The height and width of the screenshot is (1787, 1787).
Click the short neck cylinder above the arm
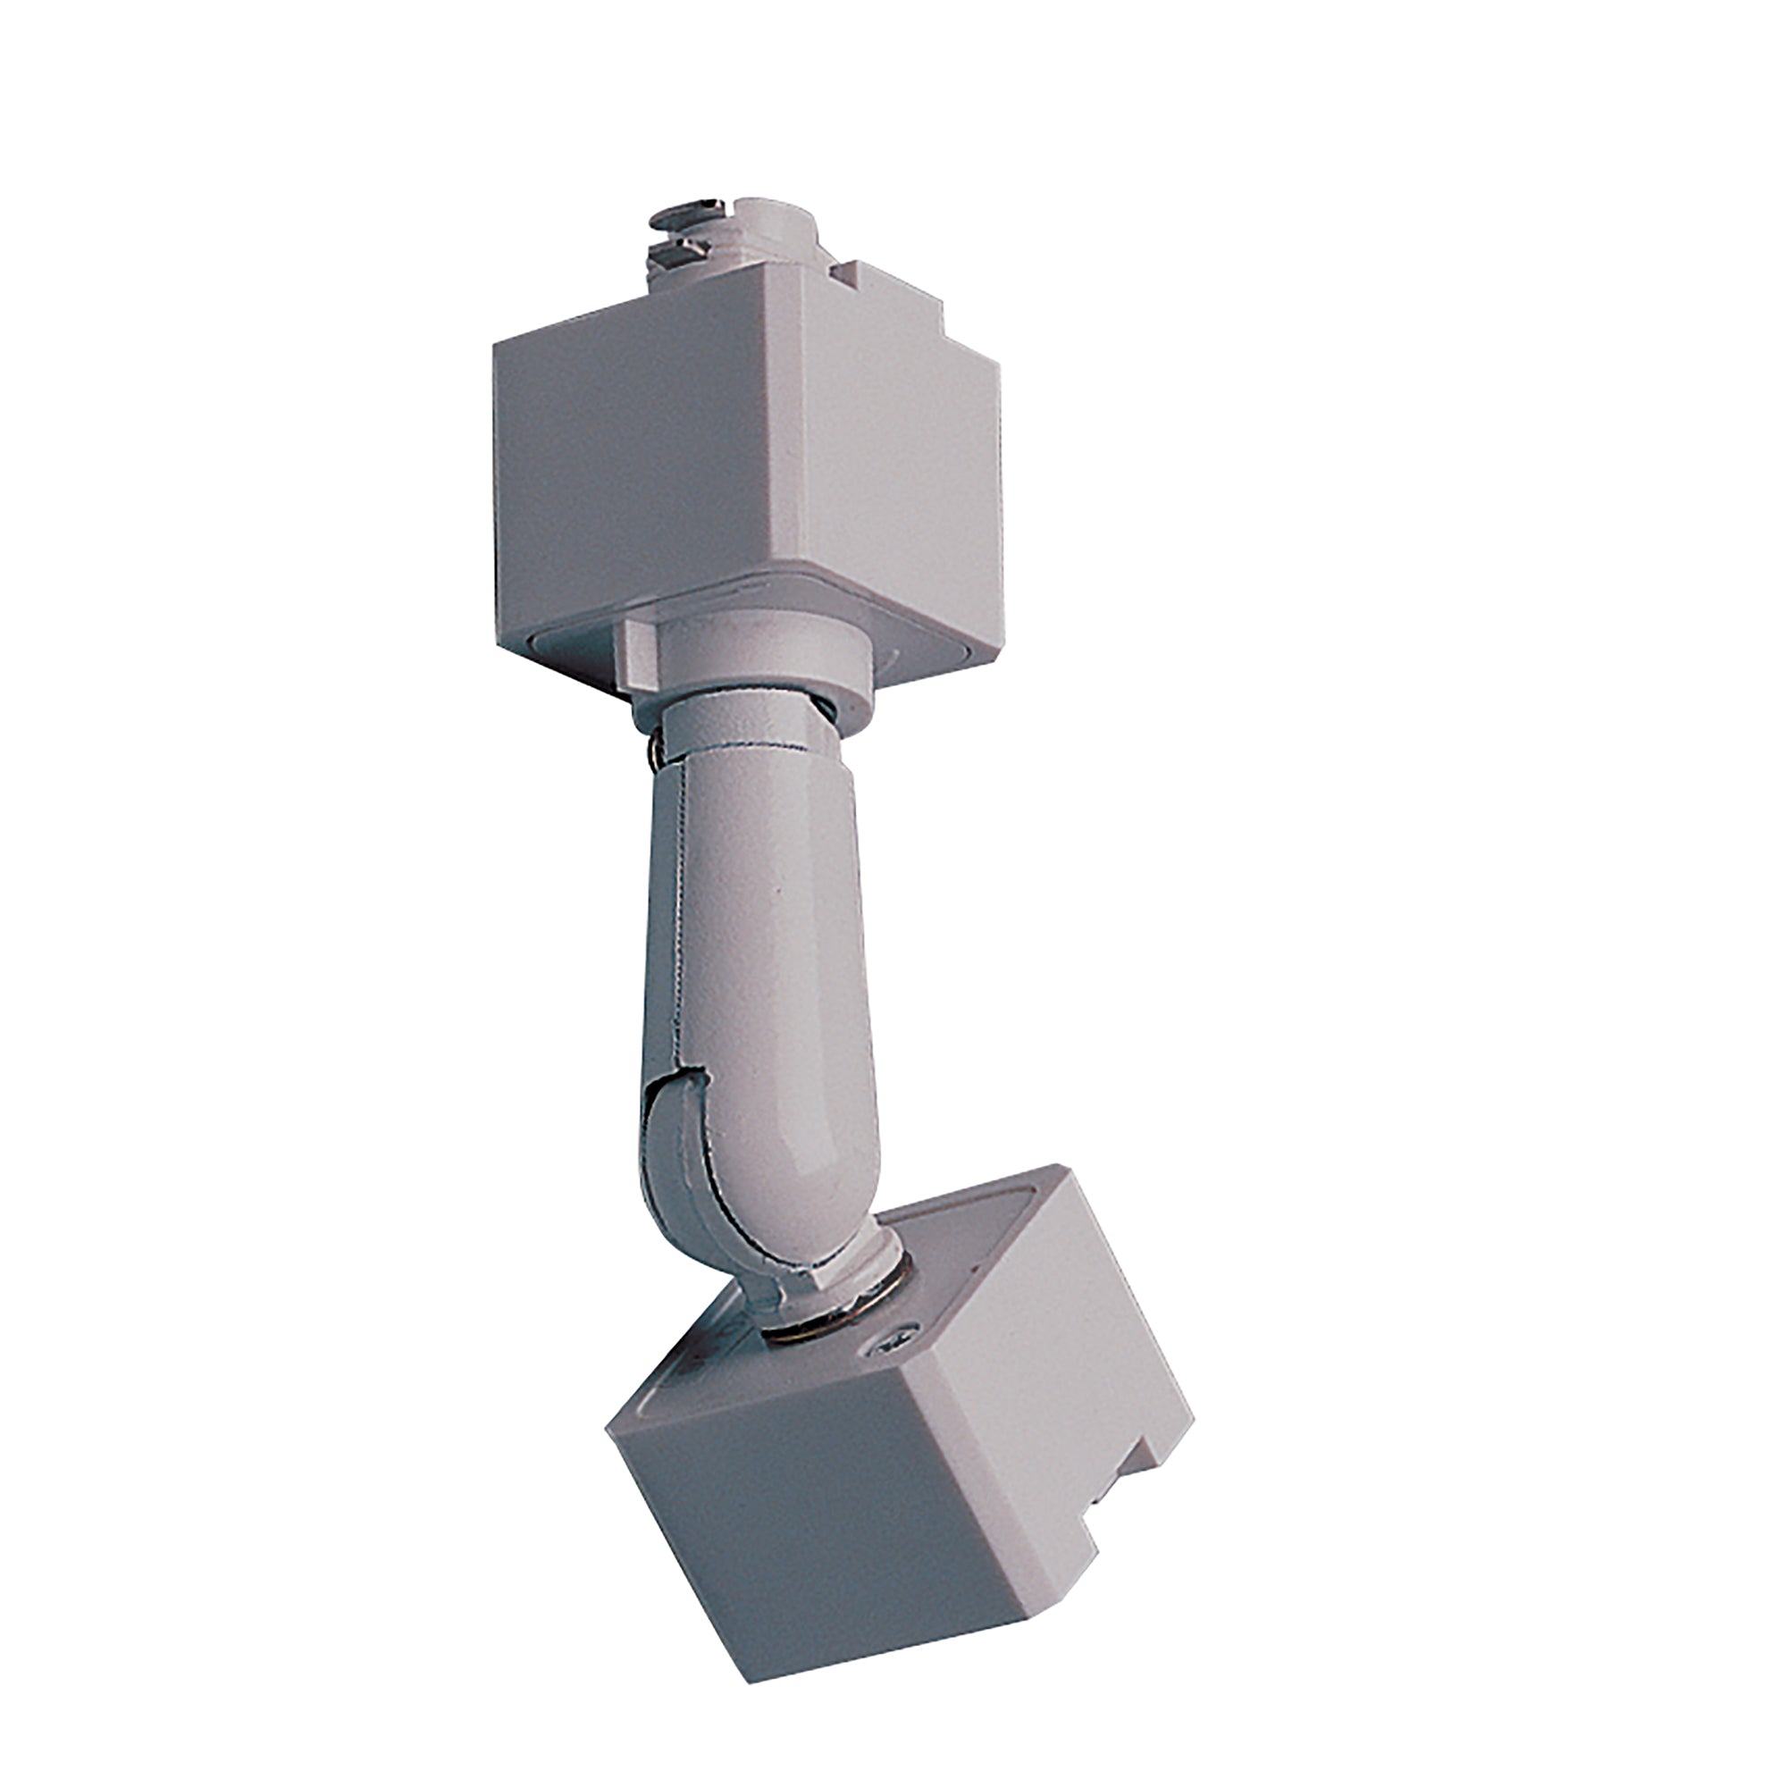[740, 731]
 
